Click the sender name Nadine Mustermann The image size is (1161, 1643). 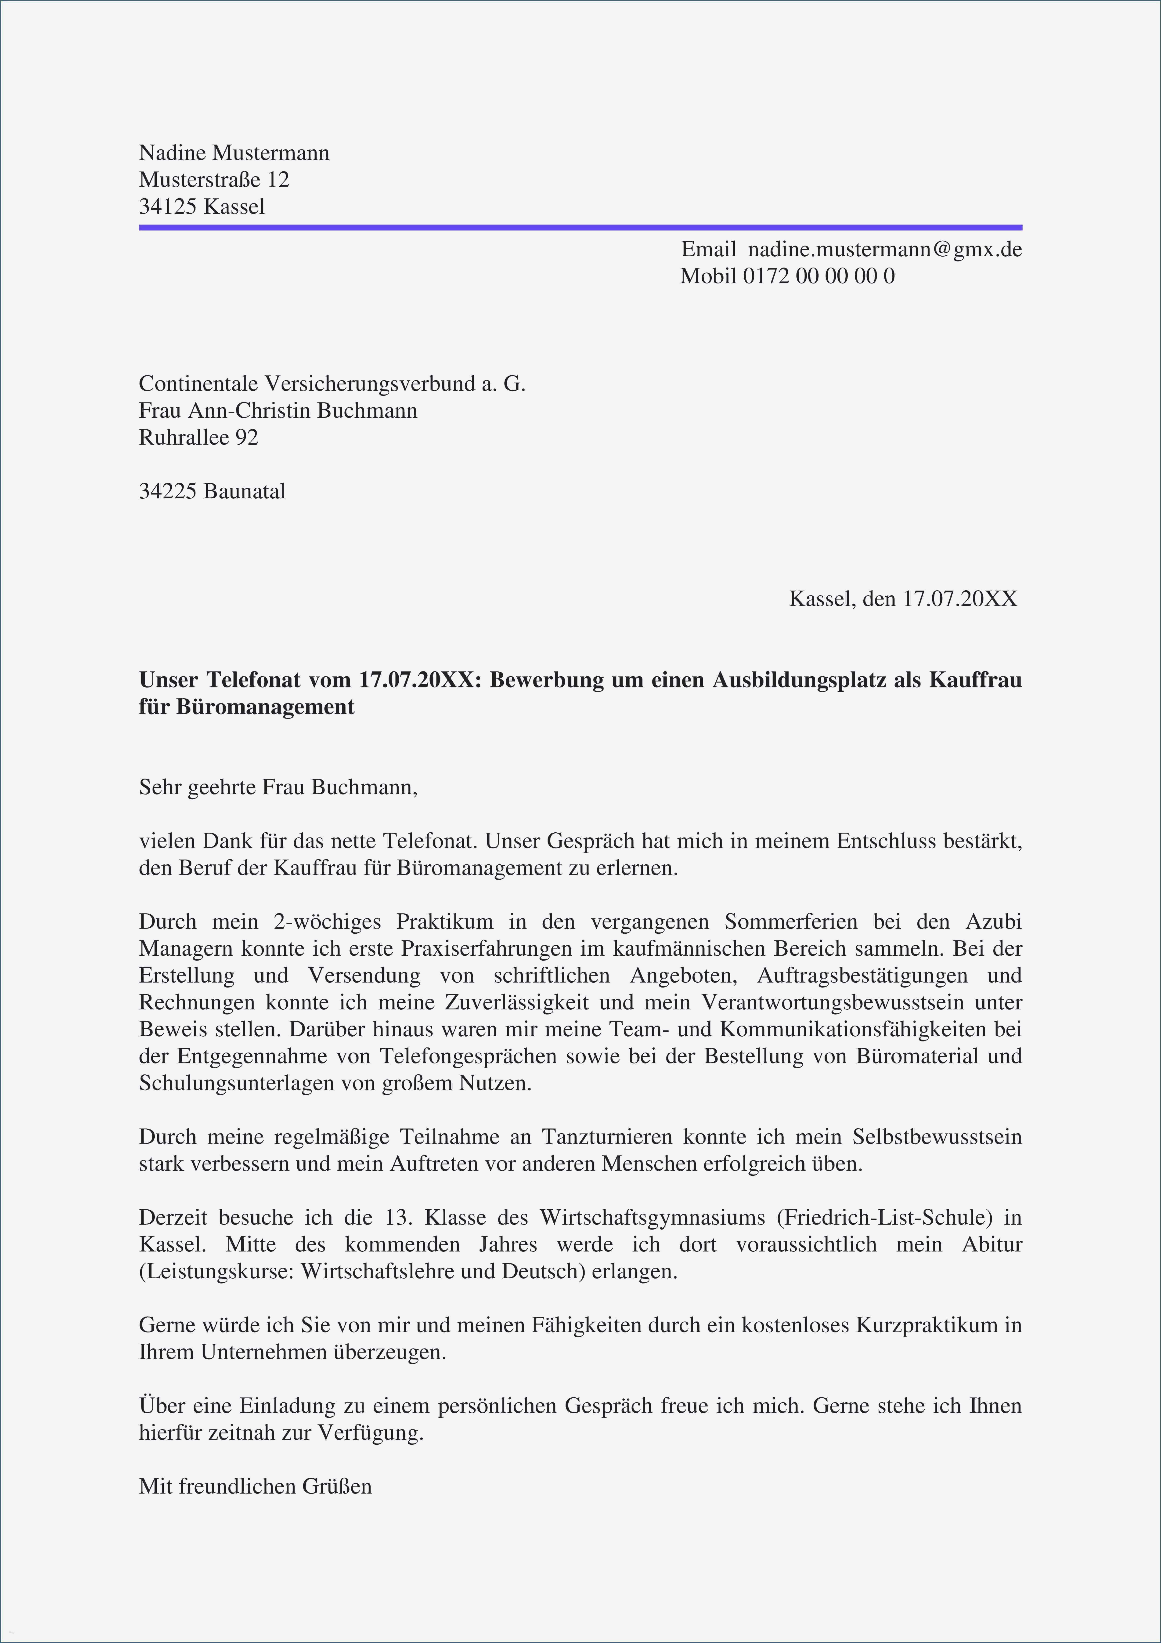coord(234,153)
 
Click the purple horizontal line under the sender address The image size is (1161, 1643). coord(580,228)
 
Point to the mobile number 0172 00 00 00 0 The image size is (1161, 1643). coord(818,276)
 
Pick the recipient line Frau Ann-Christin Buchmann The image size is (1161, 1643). coord(278,411)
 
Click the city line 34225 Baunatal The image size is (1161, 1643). coord(212,492)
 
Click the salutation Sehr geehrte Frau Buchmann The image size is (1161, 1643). coord(278,788)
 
